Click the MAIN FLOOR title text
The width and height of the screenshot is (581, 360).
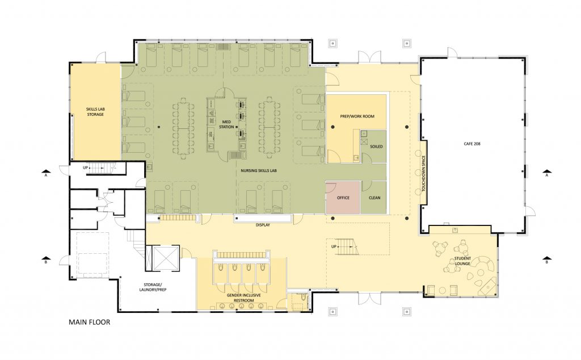pyautogui.click(x=89, y=323)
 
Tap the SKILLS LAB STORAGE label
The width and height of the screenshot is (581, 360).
pyautogui.click(x=95, y=111)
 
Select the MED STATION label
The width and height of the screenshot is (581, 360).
pyautogui.click(x=226, y=124)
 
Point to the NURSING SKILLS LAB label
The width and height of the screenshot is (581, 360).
pyautogui.click(x=257, y=169)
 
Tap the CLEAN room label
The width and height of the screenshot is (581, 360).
pyautogui.click(x=374, y=198)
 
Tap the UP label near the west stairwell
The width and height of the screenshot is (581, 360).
pyautogui.click(x=86, y=168)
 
